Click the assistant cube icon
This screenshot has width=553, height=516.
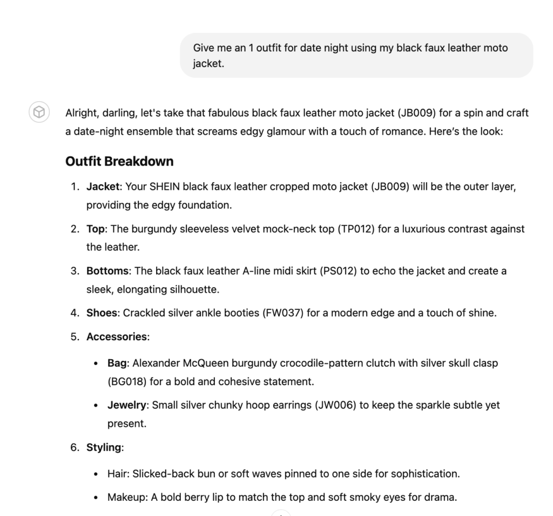click(39, 113)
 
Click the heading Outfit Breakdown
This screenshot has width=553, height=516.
click(119, 161)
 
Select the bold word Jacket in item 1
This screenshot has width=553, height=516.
click(103, 187)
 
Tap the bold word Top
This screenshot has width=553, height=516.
click(96, 229)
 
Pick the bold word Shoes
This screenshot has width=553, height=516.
click(102, 313)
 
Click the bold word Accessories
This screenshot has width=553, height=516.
click(117, 336)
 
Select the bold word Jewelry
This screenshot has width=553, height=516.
click(127, 405)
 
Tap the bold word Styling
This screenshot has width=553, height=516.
click(104, 447)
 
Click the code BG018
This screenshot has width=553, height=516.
click(127, 381)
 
